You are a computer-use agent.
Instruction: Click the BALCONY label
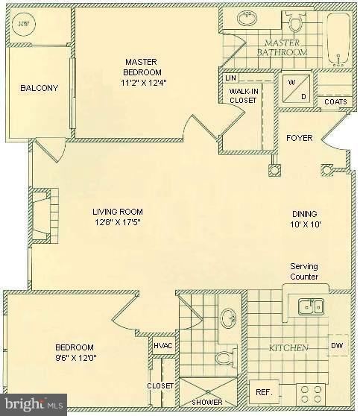pos(40,88)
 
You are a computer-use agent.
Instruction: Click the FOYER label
pos(300,138)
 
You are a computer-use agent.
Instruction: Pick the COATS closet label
pos(335,102)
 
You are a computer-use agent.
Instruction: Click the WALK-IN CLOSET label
pos(242,95)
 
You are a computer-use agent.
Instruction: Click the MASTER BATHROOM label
pos(282,48)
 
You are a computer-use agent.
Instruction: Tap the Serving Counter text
pos(304,271)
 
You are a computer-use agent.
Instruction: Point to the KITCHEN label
pos(289,348)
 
